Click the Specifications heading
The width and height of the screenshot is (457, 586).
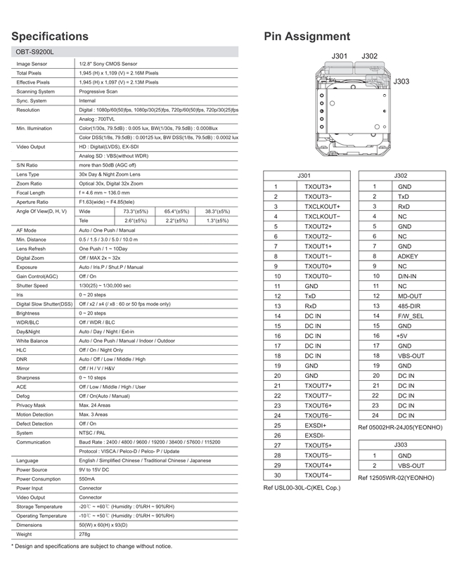pos(50,36)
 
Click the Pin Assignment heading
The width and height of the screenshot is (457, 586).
pos(307,36)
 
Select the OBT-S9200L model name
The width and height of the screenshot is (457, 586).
pos(34,52)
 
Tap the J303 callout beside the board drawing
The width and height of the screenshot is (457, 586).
pos(401,82)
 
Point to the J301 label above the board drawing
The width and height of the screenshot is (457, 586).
pos(340,56)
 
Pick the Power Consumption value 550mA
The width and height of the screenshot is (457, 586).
pos(89,478)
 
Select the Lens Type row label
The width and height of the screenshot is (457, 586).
pos(28,174)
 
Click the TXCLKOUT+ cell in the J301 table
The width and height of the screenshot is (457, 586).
pos(322,207)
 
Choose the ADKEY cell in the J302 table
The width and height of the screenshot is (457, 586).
pos(408,256)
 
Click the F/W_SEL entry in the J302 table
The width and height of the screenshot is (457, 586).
pos(411,316)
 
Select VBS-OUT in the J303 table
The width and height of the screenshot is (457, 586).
pos(411,465)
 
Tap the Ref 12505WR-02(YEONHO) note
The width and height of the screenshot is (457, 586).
pos(396,478)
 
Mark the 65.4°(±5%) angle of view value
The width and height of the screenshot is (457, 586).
pos(176,211)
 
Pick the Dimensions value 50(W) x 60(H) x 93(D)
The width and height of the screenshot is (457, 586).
pos(103,525)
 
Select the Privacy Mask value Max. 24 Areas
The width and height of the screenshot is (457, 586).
pos(94,405)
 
